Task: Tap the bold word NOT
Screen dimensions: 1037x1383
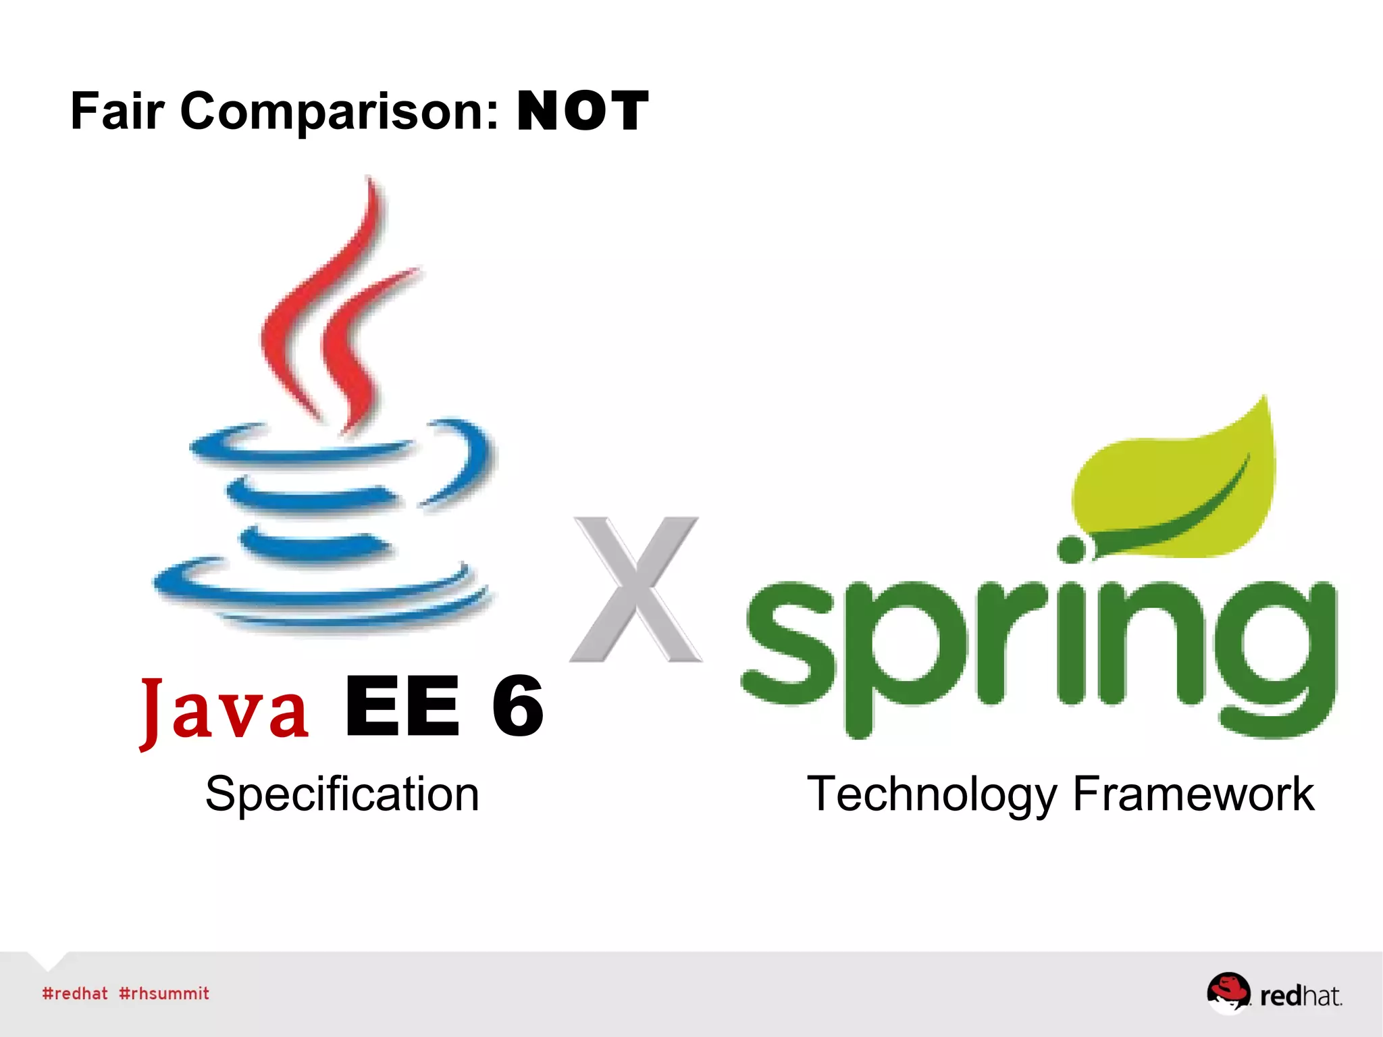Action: (583, 111)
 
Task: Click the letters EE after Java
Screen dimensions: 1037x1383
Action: (402, 706)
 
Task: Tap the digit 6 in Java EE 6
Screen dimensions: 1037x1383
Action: (517, 706)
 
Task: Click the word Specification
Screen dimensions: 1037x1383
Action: (342, 794)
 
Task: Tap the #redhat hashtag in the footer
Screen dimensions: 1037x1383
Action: (75, 994)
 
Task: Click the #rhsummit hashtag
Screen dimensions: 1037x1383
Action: (164, 994)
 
